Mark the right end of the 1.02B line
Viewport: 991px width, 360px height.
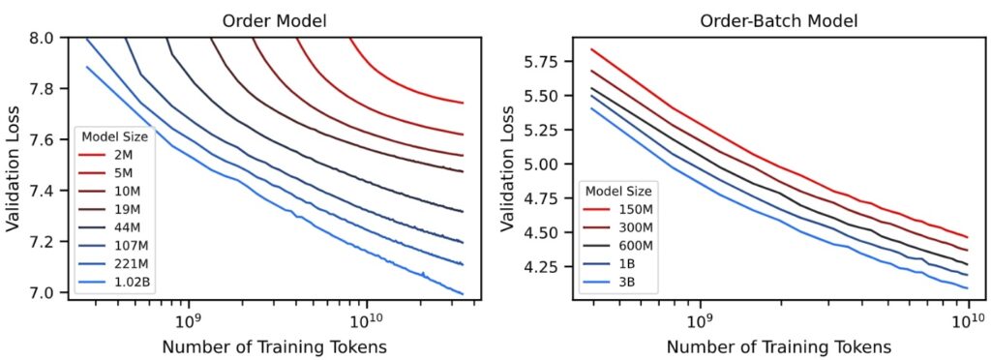(x=464, y=293)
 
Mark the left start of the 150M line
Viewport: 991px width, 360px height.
(x=591, y=48)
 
